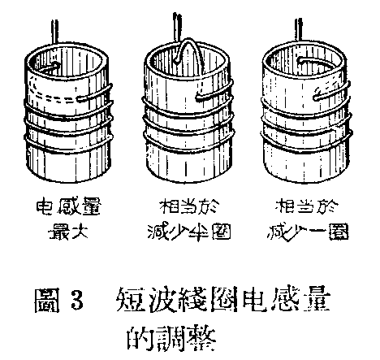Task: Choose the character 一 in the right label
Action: (x=322, y=229)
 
